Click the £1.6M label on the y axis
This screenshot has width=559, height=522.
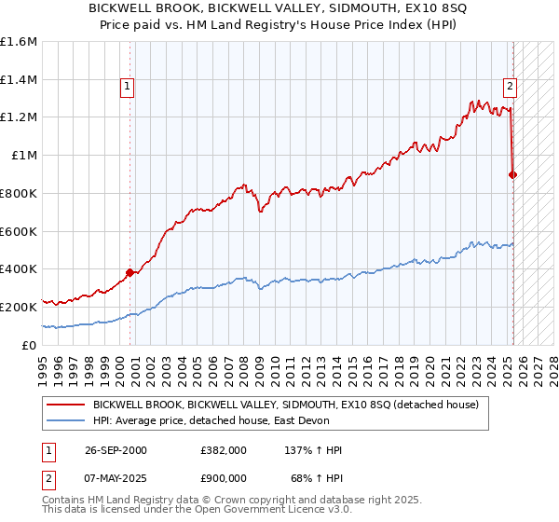pyautogui.click(x=19, y=42)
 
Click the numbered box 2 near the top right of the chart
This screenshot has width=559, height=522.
pyautogui.click(x=511, y=88)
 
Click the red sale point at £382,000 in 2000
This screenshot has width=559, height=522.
pyautogui.click(x=130, y=272)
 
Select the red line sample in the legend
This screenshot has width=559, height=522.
pyautogui.click(x=64, y=405)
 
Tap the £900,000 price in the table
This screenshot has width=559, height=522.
pyautogui.click(x=223, y=477)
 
